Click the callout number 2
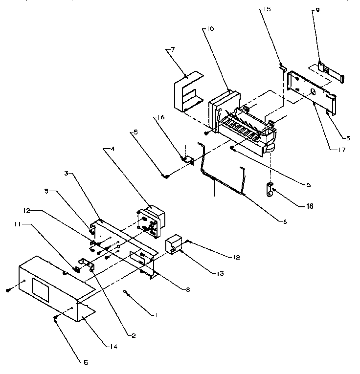[x=133, y=335]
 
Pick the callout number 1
[x=157, y=315]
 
